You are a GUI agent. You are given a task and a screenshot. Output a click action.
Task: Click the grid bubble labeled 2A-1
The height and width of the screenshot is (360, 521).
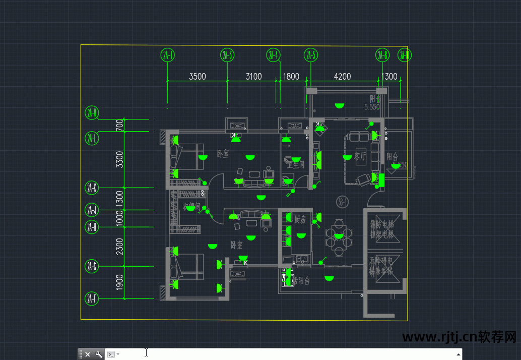tap(168, 55)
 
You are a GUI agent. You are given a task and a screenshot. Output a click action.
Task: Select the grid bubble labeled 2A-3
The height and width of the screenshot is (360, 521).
tap(227, 55)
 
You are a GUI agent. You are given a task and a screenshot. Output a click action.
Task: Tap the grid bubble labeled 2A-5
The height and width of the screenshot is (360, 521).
tap(311, 55)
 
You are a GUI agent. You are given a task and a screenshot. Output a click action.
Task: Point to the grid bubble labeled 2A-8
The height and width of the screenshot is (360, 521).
tap(382, 55)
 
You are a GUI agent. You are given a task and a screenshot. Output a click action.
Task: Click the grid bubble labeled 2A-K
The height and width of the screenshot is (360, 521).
tap(92, 188)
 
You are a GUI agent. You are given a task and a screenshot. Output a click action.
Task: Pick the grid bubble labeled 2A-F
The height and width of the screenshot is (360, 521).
tap(92, 299)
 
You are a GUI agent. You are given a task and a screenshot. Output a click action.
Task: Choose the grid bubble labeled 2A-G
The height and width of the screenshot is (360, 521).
tap(92, 266)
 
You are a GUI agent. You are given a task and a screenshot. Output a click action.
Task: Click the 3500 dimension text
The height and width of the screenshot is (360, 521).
tap(197, 77)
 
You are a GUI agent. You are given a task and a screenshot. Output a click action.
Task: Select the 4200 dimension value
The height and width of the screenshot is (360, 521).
tap(343, 77)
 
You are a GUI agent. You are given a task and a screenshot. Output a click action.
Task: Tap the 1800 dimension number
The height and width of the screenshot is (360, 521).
tap(291, 77)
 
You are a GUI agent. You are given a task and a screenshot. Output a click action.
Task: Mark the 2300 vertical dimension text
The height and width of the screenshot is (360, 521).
tap(119, 246)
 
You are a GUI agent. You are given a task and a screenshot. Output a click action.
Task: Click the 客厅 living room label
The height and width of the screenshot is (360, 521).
tap(360, 156)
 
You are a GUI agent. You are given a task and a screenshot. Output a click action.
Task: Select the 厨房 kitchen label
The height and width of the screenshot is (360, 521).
tap(300, 219)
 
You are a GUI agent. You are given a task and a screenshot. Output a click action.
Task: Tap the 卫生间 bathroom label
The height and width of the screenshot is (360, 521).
tap(296, 164)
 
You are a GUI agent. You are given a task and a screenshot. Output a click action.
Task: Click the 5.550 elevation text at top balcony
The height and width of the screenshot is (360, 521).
tap(372, 107)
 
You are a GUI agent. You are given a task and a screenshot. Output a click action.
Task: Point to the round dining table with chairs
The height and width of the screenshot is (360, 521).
tap(338, 235)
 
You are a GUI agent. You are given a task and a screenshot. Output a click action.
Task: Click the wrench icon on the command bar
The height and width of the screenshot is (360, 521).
tap(99, 354)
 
